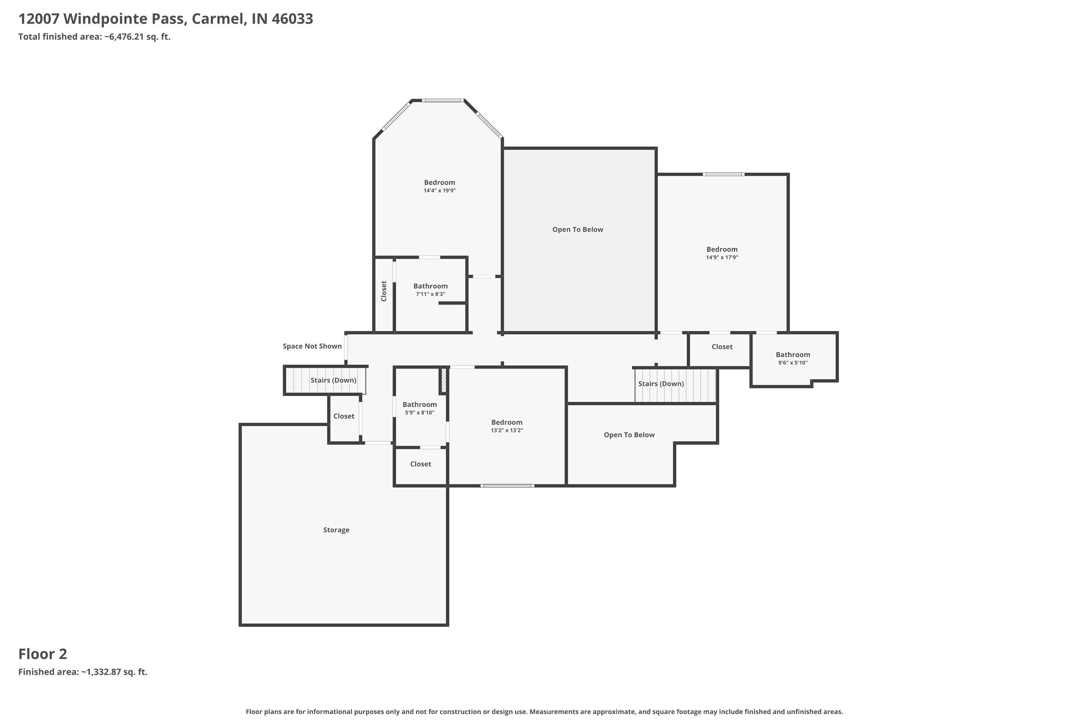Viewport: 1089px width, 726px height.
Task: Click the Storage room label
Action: [336, 530]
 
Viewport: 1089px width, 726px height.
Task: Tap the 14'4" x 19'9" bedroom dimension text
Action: [439, 190]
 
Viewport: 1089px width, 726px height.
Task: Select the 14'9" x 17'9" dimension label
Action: [722, 257]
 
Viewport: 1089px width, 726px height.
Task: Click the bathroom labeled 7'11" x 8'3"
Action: [431, 286]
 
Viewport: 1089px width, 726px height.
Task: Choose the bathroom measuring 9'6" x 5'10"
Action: [793, 355]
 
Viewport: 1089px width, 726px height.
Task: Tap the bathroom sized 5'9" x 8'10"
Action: [420, 405]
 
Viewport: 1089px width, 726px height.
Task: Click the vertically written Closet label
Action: [384, 291]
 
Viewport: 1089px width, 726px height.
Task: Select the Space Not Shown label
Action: [312, 346]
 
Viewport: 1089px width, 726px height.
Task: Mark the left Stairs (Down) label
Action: [333, 380]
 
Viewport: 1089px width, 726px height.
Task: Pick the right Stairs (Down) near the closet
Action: [661, 384]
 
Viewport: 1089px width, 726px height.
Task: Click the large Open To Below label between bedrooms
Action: [578, 230]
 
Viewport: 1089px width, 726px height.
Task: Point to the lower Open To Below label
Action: [629, 435]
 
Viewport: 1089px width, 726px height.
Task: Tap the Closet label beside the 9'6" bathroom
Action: [722, 347]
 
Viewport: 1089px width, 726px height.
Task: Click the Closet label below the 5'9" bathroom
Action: [420, 464]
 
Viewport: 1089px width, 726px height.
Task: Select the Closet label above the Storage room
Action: [343, 416]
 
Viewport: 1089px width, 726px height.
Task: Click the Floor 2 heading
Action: [42, 654]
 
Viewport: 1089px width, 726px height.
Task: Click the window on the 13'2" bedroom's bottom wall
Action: [507, 486]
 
